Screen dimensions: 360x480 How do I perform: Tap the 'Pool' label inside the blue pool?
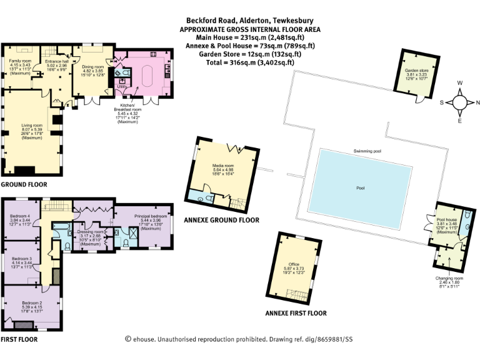tap(360, 187)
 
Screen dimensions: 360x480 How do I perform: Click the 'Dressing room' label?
tap(90, 232)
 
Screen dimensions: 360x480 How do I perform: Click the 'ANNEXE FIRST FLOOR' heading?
tap(296, 313)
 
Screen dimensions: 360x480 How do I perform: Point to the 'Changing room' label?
tap(449, 277)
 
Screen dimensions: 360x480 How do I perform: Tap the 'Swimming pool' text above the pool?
tap(367, 151)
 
